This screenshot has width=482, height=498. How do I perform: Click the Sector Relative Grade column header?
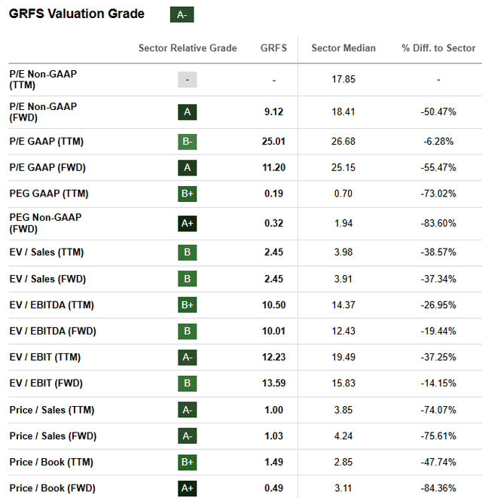188,48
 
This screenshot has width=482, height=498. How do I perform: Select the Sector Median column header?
343,48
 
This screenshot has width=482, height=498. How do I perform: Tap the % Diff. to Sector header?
438,48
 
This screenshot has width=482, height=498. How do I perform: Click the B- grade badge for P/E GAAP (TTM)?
188,141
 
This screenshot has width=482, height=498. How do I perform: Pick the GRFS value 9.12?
274,112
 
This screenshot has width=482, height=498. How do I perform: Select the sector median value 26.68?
343,141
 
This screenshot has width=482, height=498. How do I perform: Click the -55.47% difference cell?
438,167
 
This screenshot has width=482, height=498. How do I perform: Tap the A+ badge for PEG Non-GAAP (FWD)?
188,222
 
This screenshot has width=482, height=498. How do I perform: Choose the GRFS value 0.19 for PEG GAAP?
274,194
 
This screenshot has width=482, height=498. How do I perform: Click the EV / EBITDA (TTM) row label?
53,304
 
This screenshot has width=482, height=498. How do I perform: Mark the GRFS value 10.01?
274,331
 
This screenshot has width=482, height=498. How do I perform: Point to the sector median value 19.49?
343,357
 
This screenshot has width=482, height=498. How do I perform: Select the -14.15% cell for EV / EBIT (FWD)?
438,383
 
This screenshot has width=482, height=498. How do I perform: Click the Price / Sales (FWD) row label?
53,435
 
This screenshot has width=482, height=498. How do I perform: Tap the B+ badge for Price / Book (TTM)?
188,462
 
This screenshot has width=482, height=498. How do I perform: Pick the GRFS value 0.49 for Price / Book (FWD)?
274,488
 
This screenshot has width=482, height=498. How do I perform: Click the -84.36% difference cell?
438,488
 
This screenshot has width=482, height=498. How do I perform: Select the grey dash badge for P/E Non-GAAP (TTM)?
188,80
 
